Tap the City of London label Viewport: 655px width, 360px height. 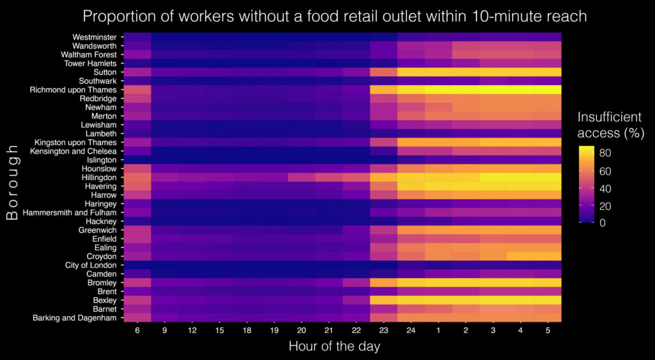point(91,265)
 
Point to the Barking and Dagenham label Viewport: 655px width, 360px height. point(75,317)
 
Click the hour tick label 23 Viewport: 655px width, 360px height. point(384,331)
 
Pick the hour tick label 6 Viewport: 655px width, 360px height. point(138,331)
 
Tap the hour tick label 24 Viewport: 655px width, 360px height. point(411,331)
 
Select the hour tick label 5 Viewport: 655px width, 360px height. point(548,331)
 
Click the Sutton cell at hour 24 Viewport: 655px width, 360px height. point(411,72)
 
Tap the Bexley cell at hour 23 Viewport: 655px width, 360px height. point(384,299)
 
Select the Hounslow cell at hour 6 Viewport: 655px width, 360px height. point(138,169)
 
